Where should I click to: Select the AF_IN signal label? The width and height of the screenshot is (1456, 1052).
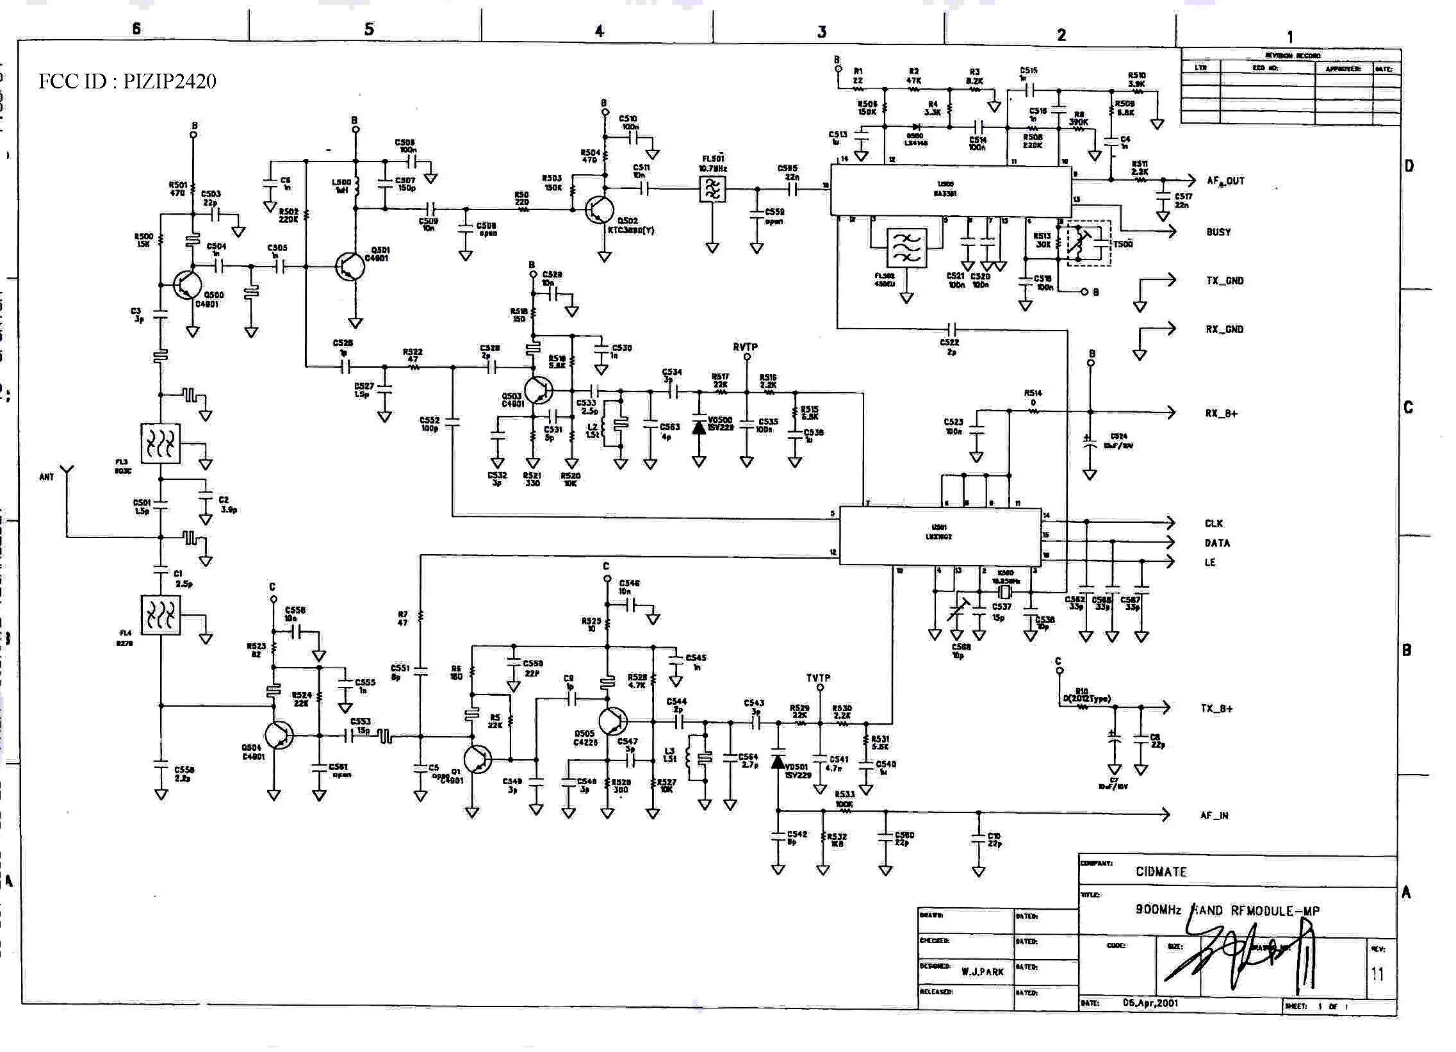pyautogui.click(x=1214, y=816)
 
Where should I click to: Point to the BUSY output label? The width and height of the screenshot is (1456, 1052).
pyautogui.click(x=1218, y=232)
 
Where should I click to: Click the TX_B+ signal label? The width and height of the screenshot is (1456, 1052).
pyautogui.click(x=1216, y=709)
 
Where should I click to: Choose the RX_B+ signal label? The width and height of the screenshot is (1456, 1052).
pyautogui.click(x=1221, y=413)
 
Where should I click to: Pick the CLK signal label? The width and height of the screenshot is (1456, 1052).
pyautogui.click(x=1213, y=523)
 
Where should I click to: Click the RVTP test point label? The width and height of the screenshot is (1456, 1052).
pyautogui.click(x=746, y=347)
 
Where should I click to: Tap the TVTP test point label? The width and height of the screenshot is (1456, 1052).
pyautogui.click(x=819, y=678)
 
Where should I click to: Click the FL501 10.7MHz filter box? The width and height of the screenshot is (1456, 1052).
pyautogui.click(x=712, y=189)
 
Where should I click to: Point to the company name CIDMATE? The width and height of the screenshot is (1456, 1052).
pyautogui.click(x=1161, y=871)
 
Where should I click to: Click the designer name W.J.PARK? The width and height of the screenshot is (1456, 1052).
pyautogui.click(x=982, y=972)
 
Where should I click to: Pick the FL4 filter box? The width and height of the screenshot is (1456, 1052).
pyautogui.click(x=161, y=615)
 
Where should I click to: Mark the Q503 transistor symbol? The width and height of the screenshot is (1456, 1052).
pyautogui.click(x=538, y=390)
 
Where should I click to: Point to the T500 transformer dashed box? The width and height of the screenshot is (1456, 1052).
pyautogui.click(x=1088, y=243)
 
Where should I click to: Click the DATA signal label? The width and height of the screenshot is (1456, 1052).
pyautogui.click(x=1216, y=543)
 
